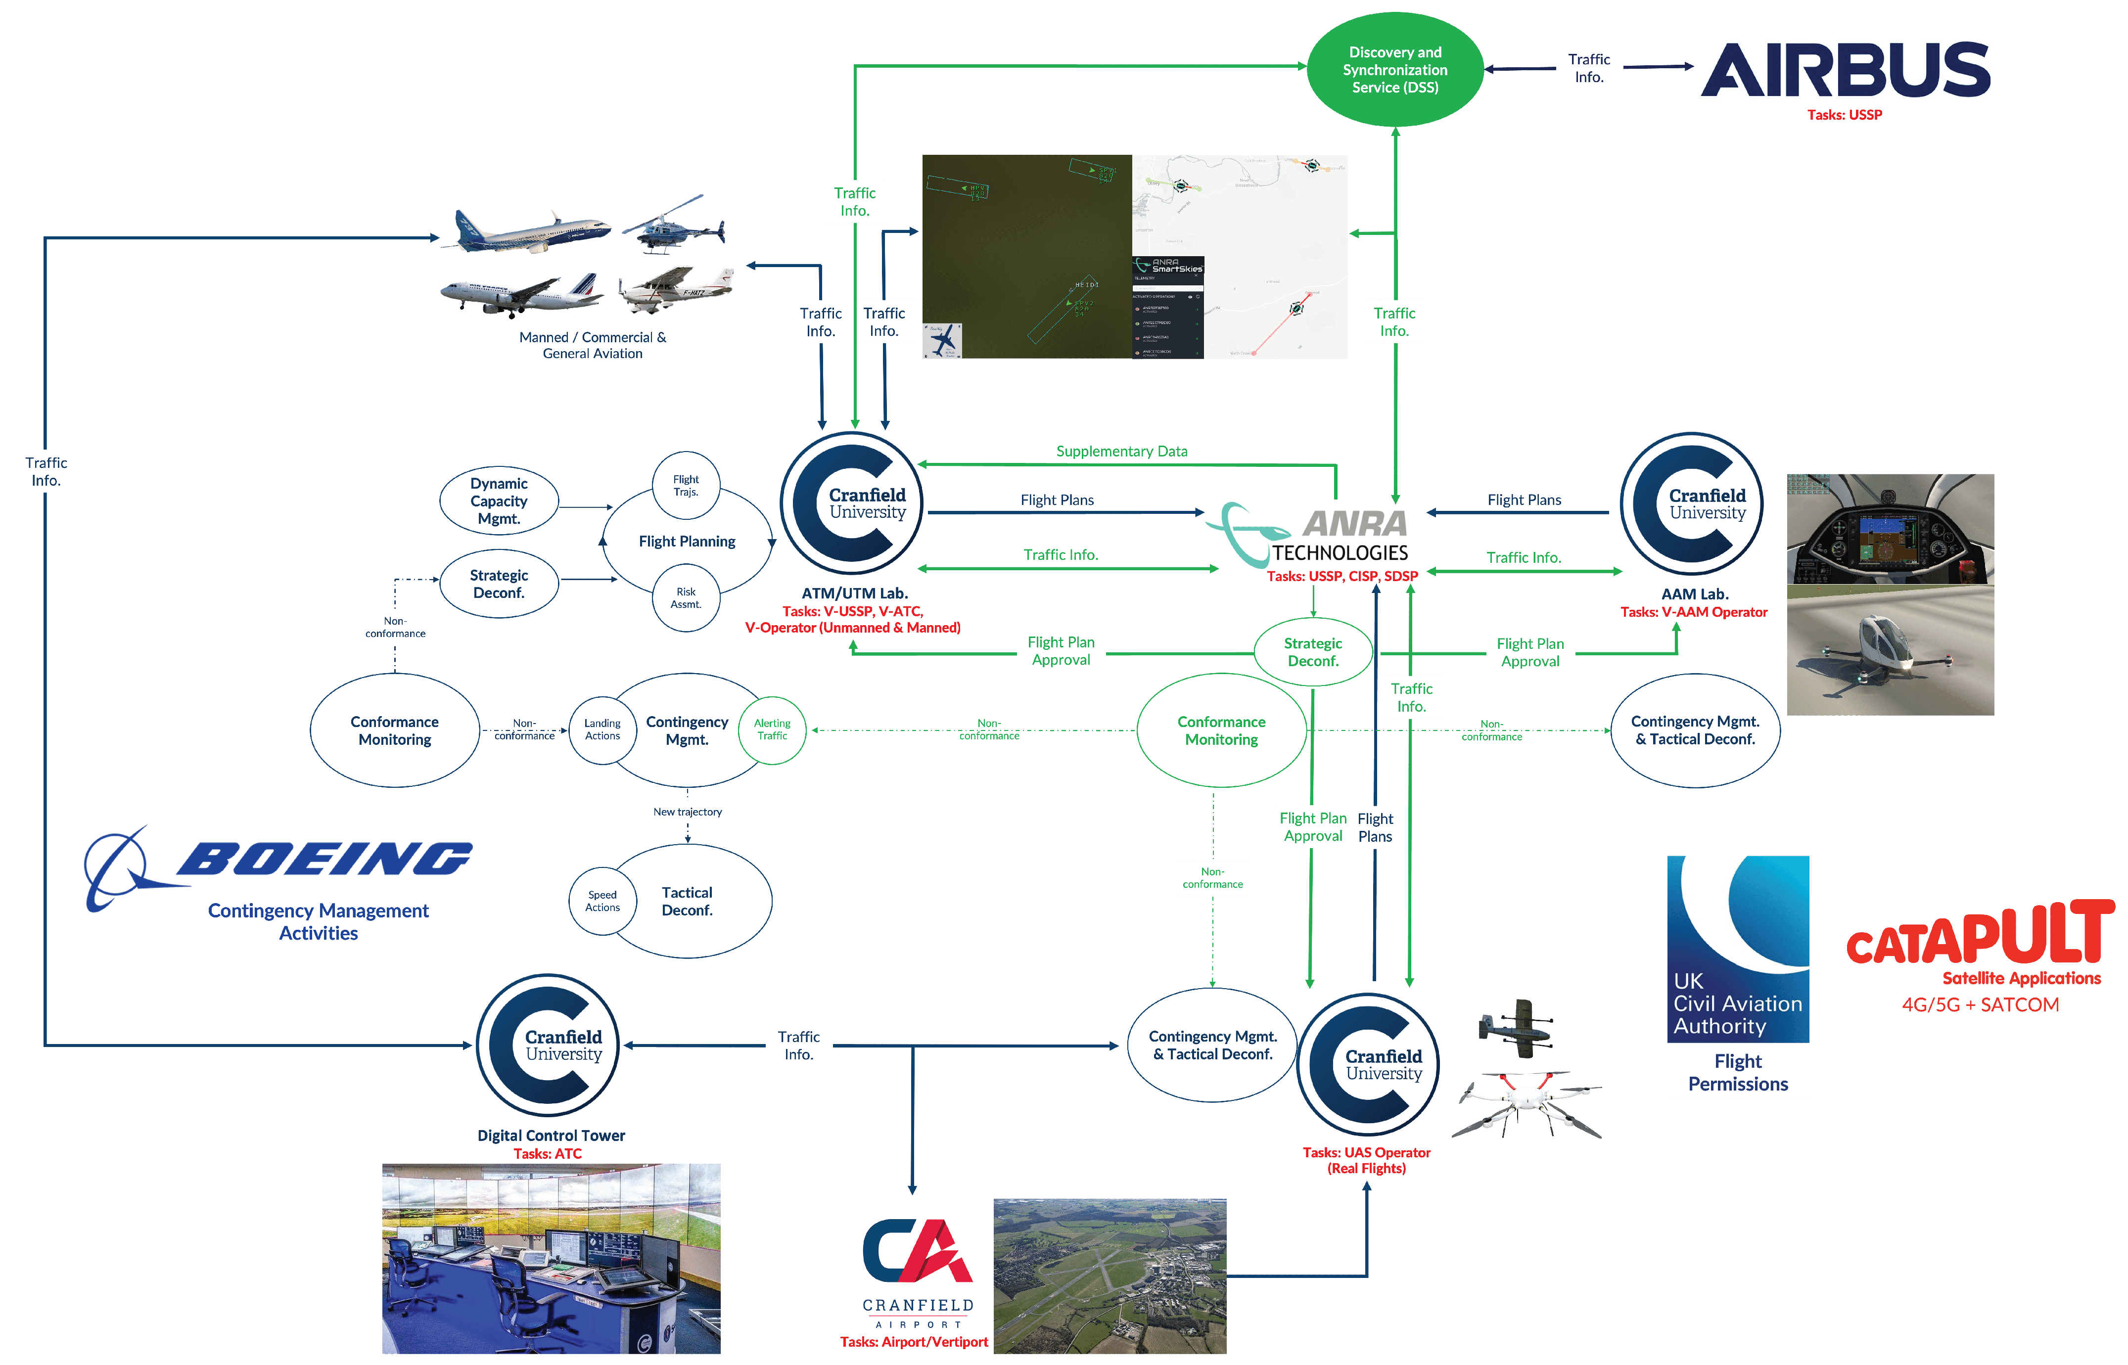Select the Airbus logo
pos(1845,70)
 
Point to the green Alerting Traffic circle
pos(772,729)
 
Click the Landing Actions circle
pos(602,729)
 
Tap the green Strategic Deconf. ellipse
pos(1313,652)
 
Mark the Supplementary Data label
pos(1121,451)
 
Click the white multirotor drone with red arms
pos(1526,1103)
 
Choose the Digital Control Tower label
pos(551,1136)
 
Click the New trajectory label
pos(687,812)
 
